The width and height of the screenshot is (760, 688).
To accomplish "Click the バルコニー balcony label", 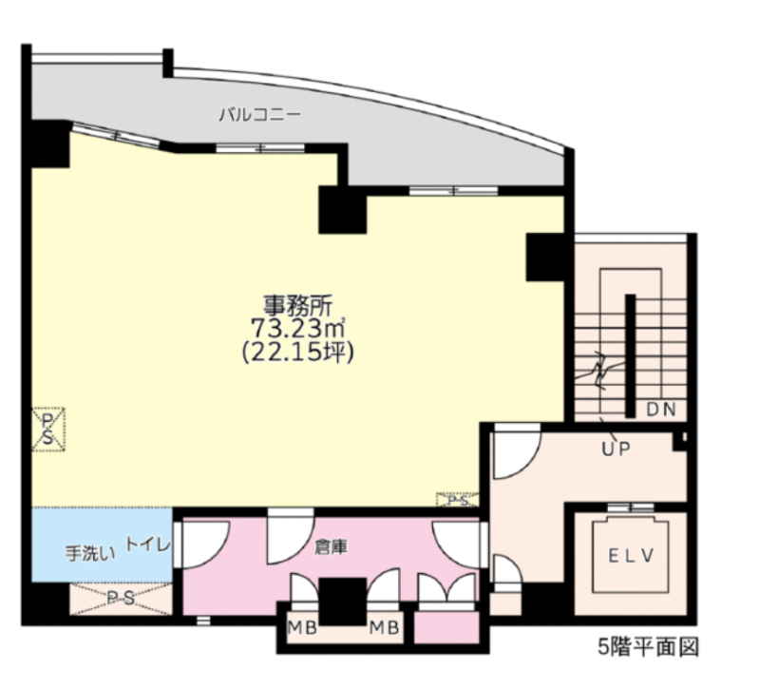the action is (x=259, y=115).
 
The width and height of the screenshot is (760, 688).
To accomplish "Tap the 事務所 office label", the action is (x=297, y=305).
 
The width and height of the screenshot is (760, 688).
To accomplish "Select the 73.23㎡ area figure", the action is (x=297, y=328).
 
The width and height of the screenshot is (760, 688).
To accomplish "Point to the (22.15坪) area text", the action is (x=297, y=352).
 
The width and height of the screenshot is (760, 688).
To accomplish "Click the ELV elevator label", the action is (x=631, y=556).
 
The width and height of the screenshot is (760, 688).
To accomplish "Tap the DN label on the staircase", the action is (x=661, y=410).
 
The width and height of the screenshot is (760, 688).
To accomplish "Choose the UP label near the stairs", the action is (x=616, y=449).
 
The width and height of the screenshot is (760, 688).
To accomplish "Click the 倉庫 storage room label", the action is (x=331, y=547).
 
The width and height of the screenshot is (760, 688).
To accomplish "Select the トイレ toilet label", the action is (x=148, y=544).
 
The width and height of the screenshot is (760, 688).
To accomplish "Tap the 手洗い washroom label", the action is (x=90, y=553).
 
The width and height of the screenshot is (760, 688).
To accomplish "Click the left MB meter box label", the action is (x=302, y=628).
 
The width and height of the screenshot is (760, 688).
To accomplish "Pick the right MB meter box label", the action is (x=385, y=628).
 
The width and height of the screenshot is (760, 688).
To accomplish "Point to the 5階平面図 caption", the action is (x=649, y=647).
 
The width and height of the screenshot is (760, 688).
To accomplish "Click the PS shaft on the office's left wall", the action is (x=48, y=430).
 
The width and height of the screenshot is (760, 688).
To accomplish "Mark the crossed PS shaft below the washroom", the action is (x=121, y=599).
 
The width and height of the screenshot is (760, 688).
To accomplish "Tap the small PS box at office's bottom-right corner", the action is (x=458, y=500).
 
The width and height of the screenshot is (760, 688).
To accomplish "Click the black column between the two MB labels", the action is (x=343, y=602).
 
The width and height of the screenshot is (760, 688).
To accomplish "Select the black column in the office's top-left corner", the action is (x=50, y=144).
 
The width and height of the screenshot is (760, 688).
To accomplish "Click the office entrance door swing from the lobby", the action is (x=516, y=451).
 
